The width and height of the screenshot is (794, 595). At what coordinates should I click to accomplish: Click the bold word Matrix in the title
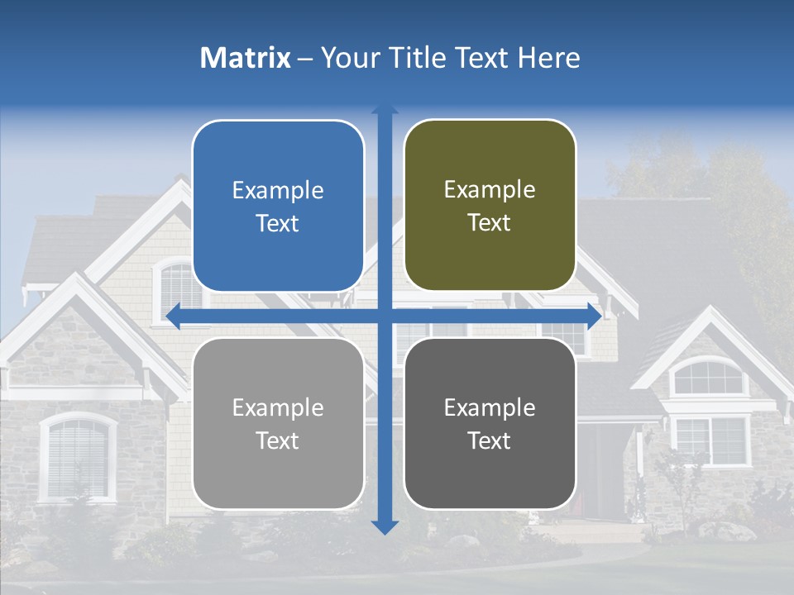pos(245,58)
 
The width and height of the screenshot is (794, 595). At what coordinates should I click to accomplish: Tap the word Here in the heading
pos(548,58)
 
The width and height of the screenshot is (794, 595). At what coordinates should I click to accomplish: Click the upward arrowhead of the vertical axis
pos(385,112)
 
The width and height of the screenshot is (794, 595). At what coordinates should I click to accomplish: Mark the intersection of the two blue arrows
pos(385,315)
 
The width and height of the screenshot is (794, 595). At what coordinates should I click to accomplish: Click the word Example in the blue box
pos(278,191)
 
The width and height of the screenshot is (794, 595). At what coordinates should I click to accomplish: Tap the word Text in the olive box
pos(490,223)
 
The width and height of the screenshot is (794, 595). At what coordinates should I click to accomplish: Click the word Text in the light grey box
pos(278,440)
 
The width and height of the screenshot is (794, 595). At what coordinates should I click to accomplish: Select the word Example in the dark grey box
pos(490,407)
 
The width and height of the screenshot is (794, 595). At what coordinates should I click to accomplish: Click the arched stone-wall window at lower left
pos(78,456)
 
